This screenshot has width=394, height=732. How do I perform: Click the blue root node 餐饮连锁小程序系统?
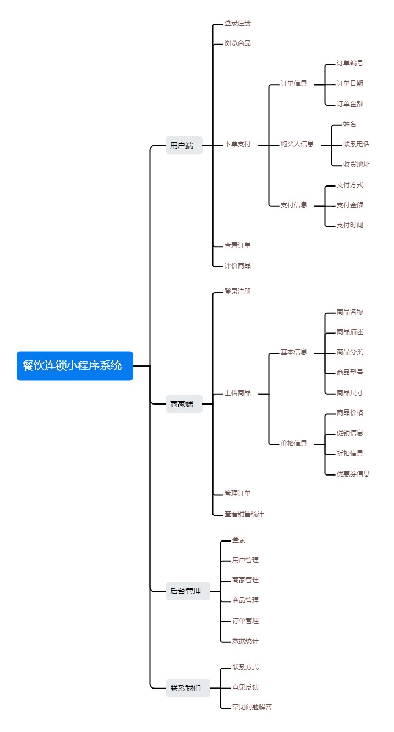[75, 365]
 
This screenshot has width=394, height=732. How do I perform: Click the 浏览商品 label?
[237, 43]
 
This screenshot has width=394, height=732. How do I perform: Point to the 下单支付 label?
[237, 144]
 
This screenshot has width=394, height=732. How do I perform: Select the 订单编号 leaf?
[349, 63]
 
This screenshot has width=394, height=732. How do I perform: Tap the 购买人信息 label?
[297, 144]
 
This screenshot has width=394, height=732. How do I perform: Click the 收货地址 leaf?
[356, 165]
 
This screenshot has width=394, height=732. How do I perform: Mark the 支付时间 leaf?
[349, 225]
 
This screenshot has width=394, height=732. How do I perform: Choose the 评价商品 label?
[237, 265]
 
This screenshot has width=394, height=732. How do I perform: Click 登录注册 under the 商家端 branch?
[237, 291]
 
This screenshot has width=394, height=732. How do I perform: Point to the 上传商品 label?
[237, 393]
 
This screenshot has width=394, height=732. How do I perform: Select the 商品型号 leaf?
[349, 373]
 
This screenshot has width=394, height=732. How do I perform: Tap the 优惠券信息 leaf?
[353, 473]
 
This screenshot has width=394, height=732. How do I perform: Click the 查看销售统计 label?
[244, 514]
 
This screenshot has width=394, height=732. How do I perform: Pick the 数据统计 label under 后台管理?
[245, 641]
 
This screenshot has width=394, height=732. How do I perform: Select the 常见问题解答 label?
[251, 707]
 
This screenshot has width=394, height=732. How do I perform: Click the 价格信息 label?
[293, 443]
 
